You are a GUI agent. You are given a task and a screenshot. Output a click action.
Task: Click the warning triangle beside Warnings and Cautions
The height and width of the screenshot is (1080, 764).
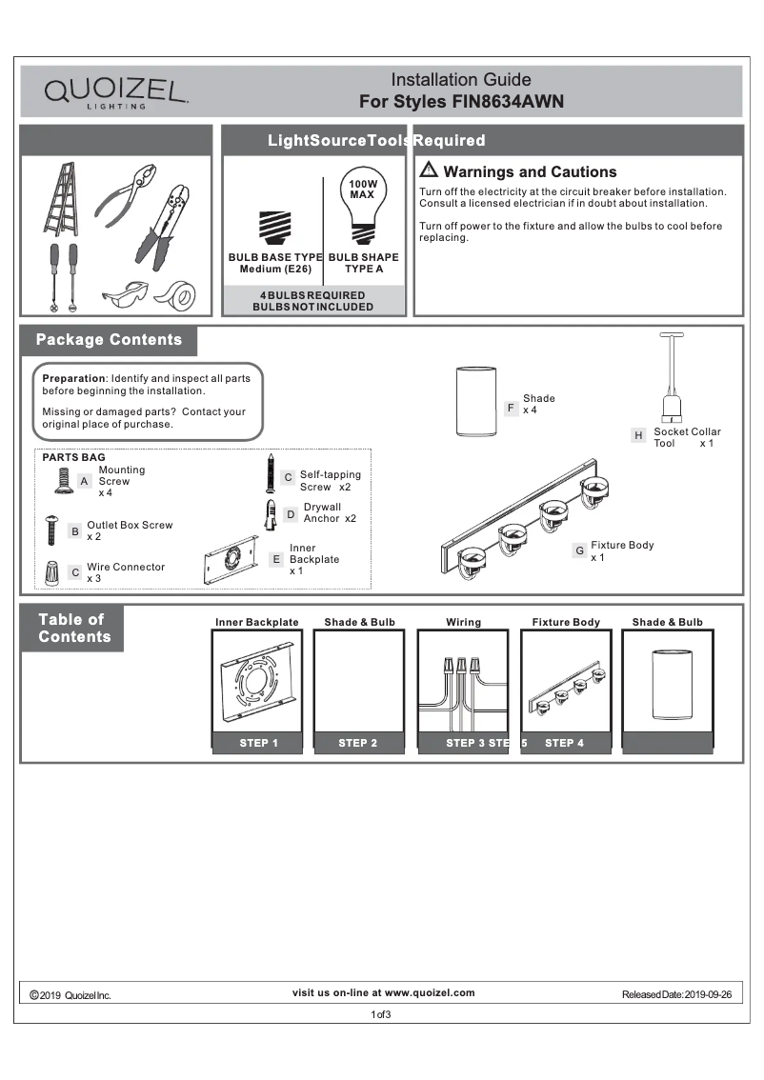point(429,171)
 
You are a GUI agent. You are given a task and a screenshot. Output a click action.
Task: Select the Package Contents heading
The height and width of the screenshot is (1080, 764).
point(109,340)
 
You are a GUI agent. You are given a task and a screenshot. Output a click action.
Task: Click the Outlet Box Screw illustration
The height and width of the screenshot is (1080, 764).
point(51,530)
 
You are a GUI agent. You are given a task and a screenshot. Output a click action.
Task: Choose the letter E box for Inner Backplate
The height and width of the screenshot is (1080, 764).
point(276,559)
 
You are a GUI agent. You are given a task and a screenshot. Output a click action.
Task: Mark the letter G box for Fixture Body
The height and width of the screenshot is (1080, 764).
point(579,550)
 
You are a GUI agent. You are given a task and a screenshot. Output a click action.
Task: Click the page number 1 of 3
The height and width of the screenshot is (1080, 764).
point(381,1014)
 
